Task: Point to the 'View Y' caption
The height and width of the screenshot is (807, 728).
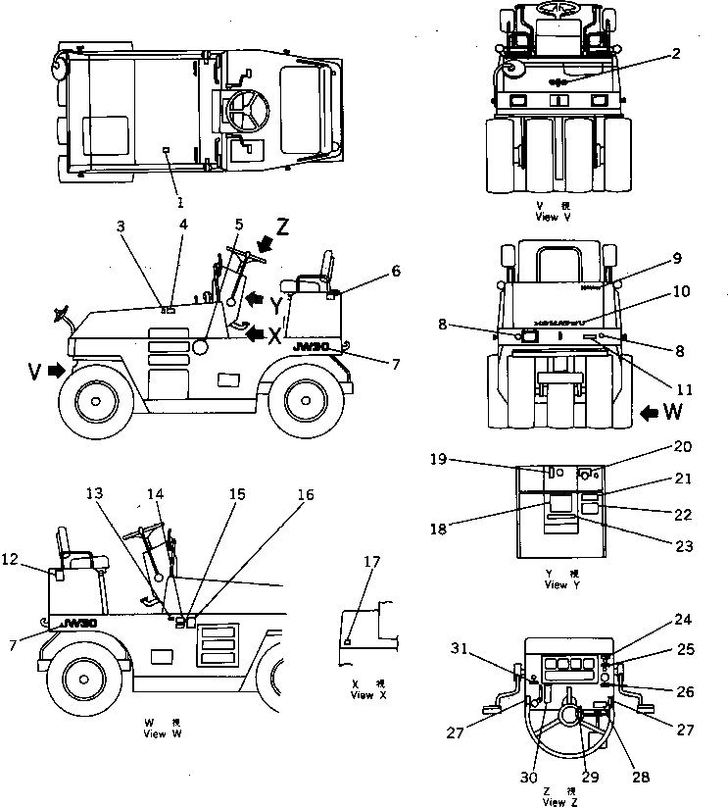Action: (556, 584)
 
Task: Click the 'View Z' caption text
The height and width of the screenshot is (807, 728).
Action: (555, 802)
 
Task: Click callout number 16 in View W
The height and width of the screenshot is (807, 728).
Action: (306, 495)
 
